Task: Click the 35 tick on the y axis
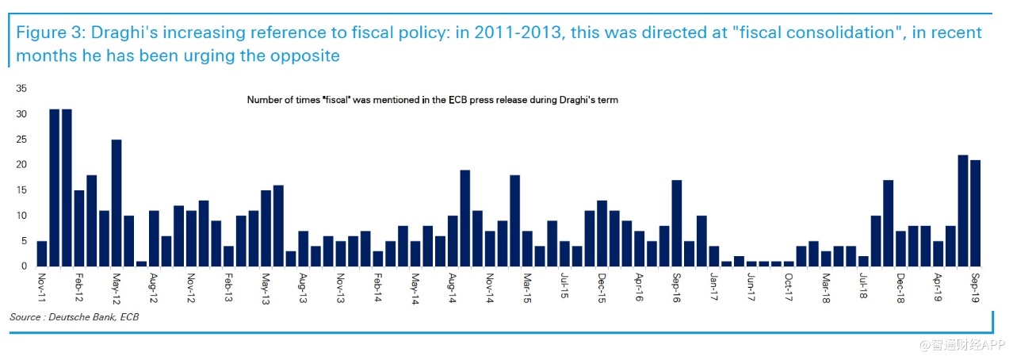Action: (x=22, y=89)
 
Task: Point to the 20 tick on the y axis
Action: (x=22, y=165)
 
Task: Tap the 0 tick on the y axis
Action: (x=25, y=266)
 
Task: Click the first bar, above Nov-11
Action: (x=42, y=254)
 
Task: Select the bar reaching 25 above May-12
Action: (x=117, y=203)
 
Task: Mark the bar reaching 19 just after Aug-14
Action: (x=465, y=218)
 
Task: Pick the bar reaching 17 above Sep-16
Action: (x=677, y=224)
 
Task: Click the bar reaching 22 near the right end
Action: (x=963, y=211)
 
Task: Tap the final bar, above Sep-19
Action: (x=975, y=213)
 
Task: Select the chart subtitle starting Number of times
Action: (x=432, y=100)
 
